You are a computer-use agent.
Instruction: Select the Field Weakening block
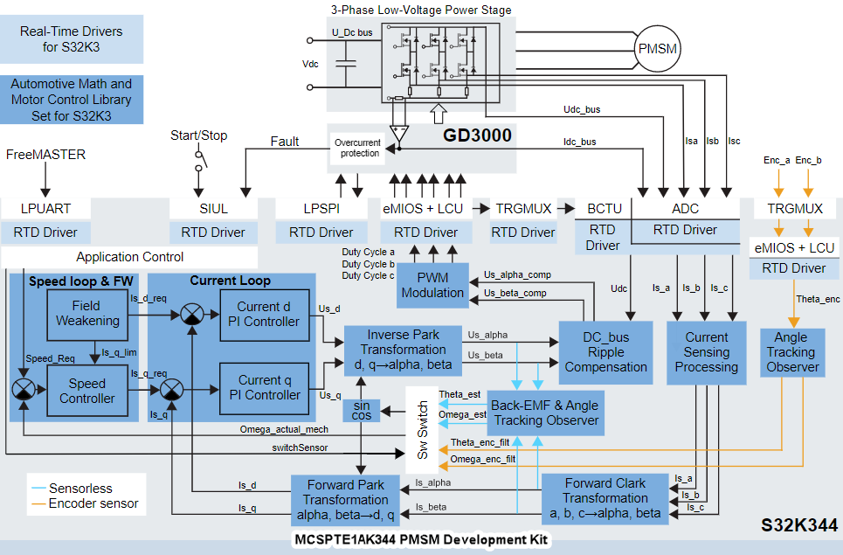[x=87, y=313]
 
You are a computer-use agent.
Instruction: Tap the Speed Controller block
[x=87, y=391]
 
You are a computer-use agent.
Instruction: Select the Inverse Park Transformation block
[x=402, y=350]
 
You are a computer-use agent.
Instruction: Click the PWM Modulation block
[x=432, y=285]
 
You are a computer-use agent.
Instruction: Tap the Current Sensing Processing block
[x=706, y=352]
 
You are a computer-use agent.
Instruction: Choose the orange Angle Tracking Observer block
[x=791, y=352]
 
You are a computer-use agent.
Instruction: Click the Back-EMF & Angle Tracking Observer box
[x=546, y=413]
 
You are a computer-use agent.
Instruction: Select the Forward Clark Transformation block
[x=605, y=498]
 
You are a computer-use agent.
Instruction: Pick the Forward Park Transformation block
[x=346, y=500]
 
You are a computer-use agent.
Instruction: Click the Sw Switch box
[x=423, y=430]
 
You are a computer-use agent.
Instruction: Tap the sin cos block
[x=362, y=411]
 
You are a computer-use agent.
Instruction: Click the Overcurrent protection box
[x=357, y=148]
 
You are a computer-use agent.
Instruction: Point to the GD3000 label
[x=477, y=135]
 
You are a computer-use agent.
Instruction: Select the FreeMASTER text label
[x=46, y=155]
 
